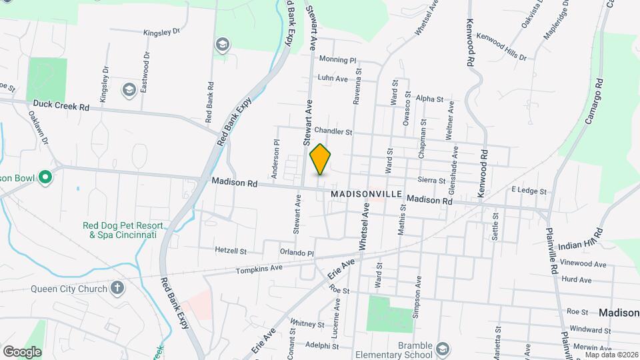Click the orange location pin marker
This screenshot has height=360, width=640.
(321, 160)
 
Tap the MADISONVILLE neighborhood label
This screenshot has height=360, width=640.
(366, 193)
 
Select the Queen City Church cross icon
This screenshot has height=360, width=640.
(117, 288)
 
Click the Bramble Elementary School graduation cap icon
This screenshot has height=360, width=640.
(443, 349)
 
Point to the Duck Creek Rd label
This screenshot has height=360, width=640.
(61, 106)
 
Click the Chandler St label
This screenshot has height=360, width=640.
(333, 131)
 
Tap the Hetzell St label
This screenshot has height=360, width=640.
(231, 251)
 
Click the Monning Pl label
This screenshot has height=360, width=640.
(338, 59)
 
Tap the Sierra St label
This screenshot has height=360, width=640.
(431, 180)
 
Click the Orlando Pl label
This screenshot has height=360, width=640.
(297, 253)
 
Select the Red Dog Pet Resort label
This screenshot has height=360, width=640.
(119, 230)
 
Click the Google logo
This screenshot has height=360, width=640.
(22, 351)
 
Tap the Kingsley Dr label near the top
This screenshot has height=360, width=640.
(162, 31)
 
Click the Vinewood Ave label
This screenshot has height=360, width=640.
(584, 264)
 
